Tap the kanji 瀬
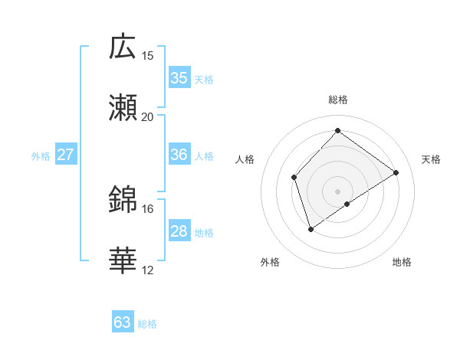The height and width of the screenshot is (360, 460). [123, 107]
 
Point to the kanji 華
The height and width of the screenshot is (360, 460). [123, 260]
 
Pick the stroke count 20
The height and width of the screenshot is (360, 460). [148, 116]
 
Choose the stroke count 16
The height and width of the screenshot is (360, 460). [148, 208]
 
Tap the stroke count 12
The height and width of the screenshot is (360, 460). [148, 270]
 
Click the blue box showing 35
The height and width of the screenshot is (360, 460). [179, 78]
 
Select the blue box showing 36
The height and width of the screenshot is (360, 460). [179, 155]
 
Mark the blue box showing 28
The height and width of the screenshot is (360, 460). [179, 231]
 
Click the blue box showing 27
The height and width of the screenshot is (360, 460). [66, 155]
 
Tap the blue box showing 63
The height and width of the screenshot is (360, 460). [123, 322]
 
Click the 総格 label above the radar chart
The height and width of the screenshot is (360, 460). [337, 100]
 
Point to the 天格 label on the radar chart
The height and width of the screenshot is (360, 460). [431, 159]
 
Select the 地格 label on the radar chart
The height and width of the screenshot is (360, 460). [402, 262]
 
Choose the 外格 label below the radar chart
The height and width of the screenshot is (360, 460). [270, 262]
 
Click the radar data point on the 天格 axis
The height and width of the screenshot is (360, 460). [396, 172]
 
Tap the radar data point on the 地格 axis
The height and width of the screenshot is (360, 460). [347, 204]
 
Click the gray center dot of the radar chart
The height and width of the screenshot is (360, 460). [337, 191]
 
